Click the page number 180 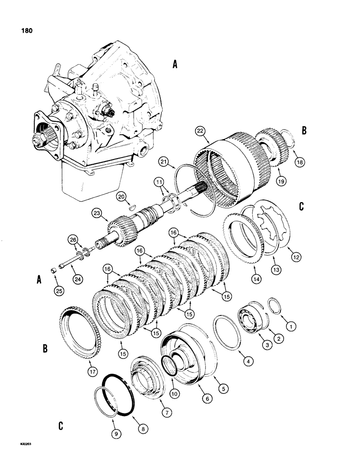pyautogui.click(x=27, y=32)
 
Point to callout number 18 pyautogui.click(x=299, y=161)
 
